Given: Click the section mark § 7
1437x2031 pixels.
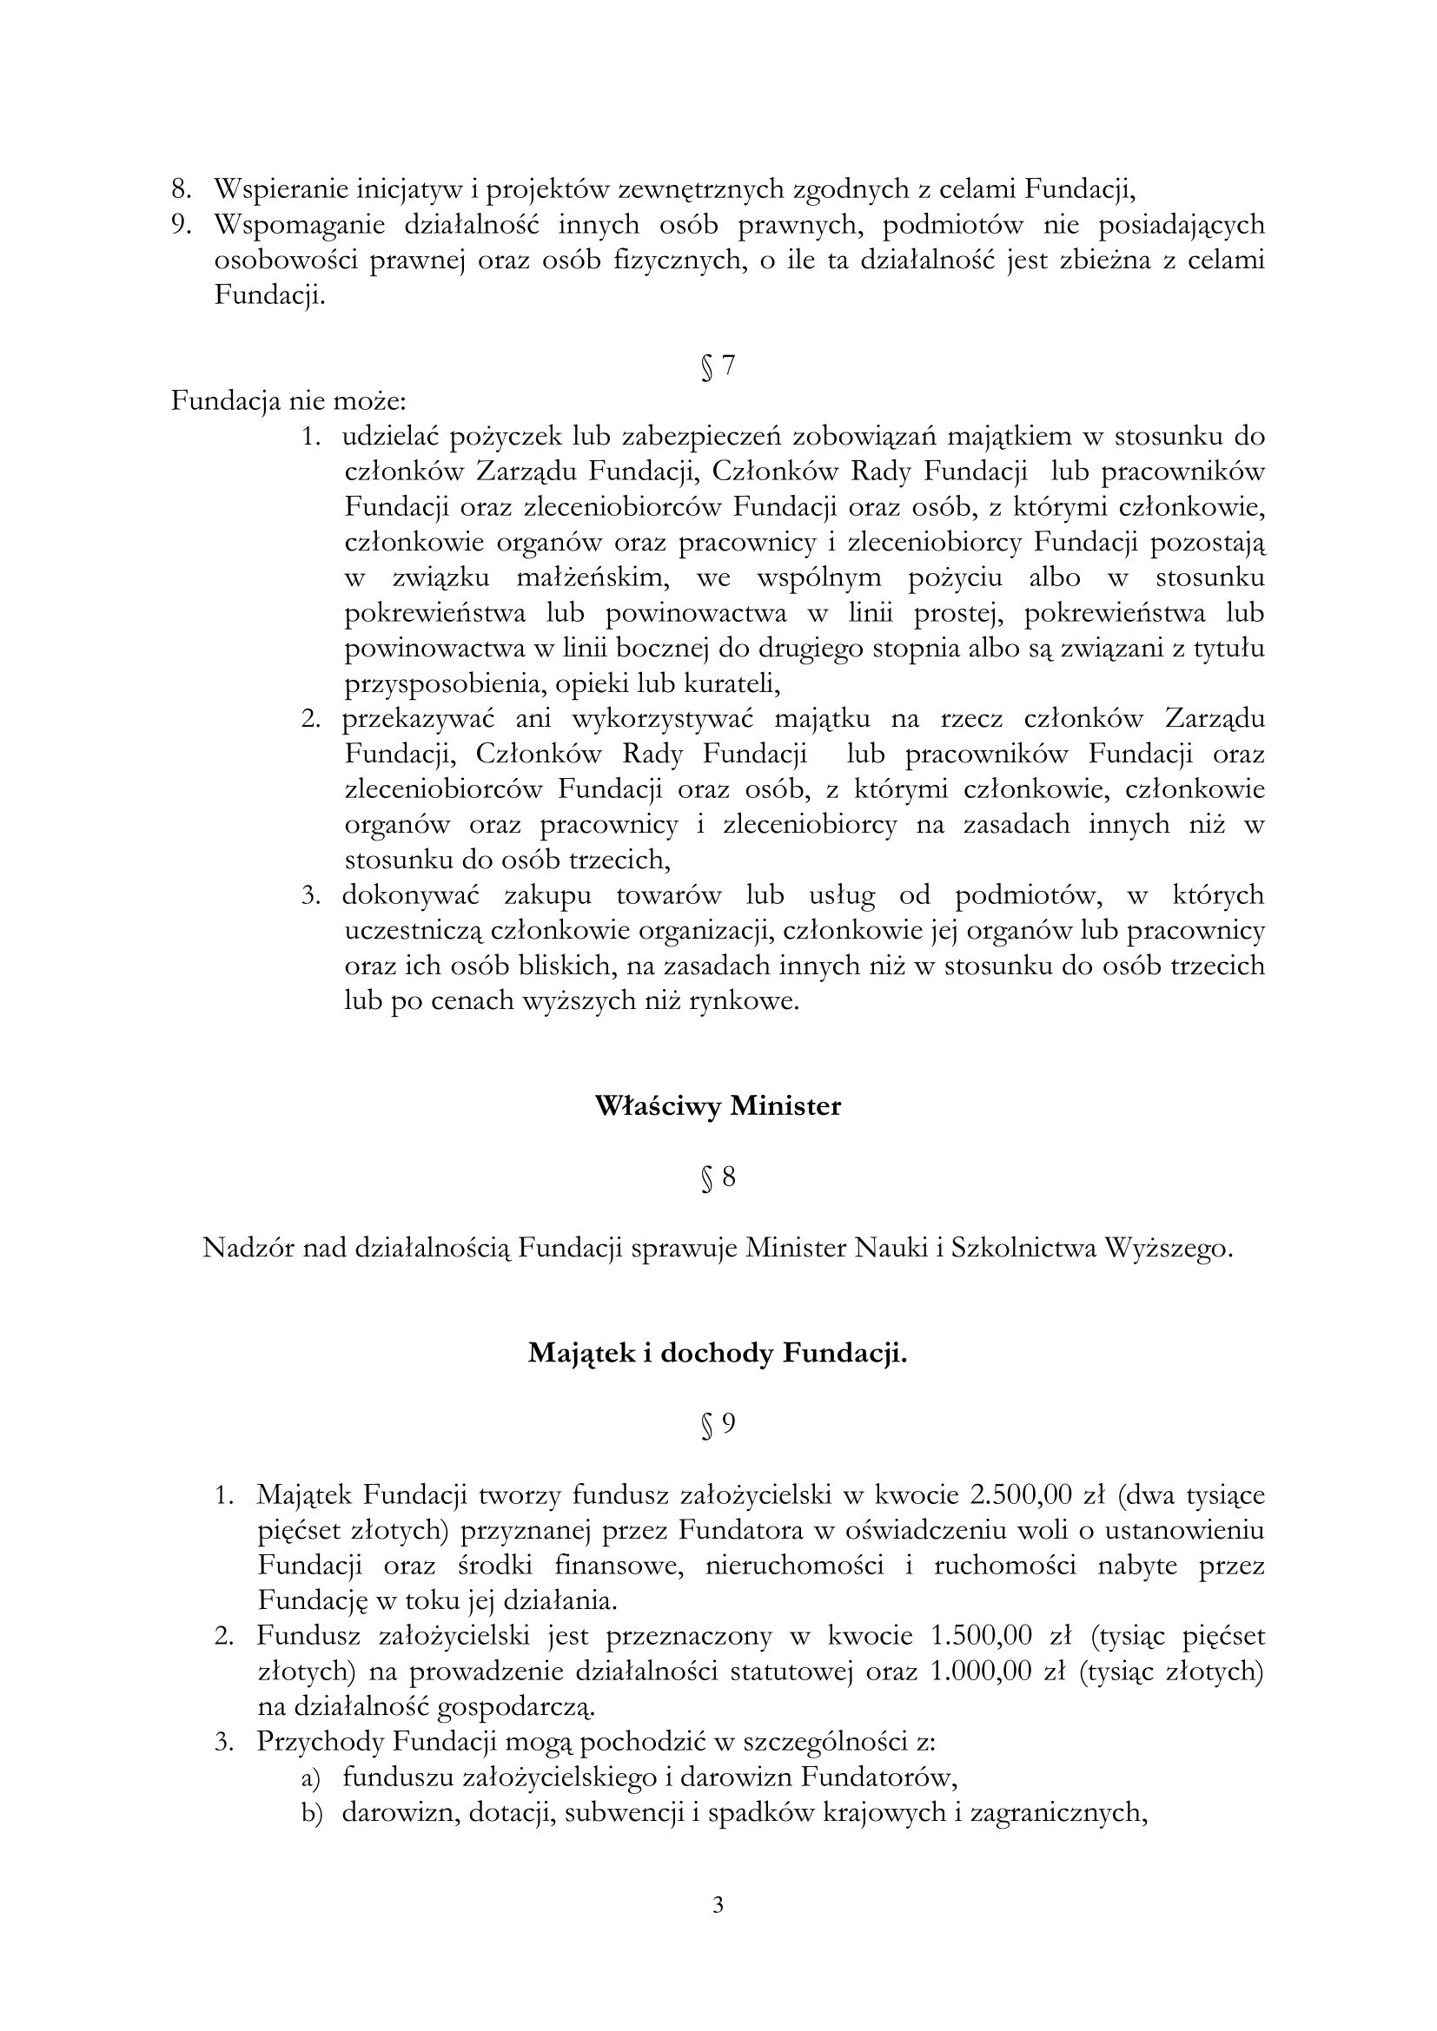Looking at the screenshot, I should (x=718, y=366).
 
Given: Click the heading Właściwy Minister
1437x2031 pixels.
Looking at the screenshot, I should (x=718, y=1106).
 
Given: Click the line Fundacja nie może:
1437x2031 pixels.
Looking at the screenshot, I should (x=288, y=402).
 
